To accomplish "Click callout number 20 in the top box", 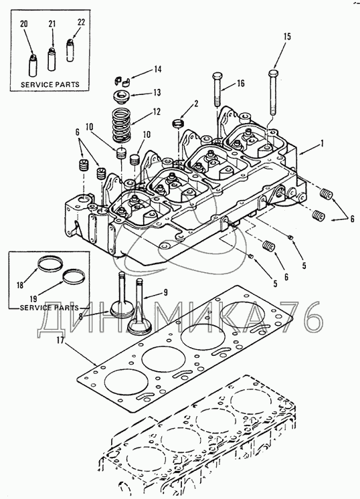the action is (x=24, y=24).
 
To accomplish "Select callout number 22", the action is (x=81, y=22).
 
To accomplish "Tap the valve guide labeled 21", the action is (x=52, y=59).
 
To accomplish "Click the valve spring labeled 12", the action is (x=122, y=125).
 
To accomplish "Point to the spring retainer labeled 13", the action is (x=122, y=96).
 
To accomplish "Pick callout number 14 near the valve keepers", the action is (x=157, y=69).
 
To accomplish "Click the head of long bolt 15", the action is (x=274, y=72).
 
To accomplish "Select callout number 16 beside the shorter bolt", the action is (x=240, y=84).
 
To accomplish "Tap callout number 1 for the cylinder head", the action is (x=322, y=144).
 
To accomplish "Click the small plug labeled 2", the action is (x=179, y=123).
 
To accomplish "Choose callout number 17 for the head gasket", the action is (x=61, y=340).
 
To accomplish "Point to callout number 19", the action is (x=33, y=299).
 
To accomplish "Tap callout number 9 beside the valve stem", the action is (x=165, y=292).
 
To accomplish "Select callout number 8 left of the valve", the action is (x=80, y=316).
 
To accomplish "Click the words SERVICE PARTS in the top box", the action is (x=50, y=85).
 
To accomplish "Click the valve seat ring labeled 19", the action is (x=74, y=276).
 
